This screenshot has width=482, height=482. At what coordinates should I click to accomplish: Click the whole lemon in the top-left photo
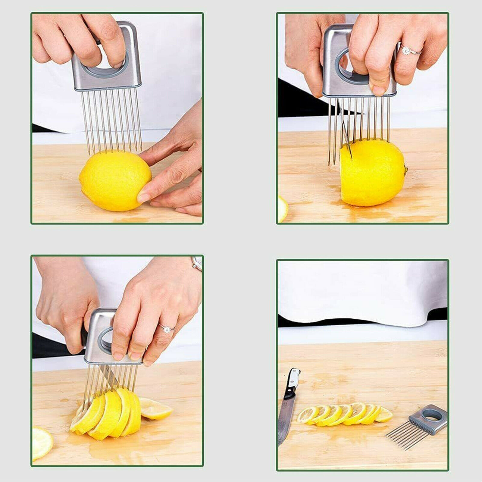[114, 181]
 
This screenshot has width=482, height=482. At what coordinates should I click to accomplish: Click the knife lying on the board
[288, 404]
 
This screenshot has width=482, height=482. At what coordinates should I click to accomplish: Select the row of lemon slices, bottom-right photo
[343, 415]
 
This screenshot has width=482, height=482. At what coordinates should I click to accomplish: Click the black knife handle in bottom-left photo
[84, 337]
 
